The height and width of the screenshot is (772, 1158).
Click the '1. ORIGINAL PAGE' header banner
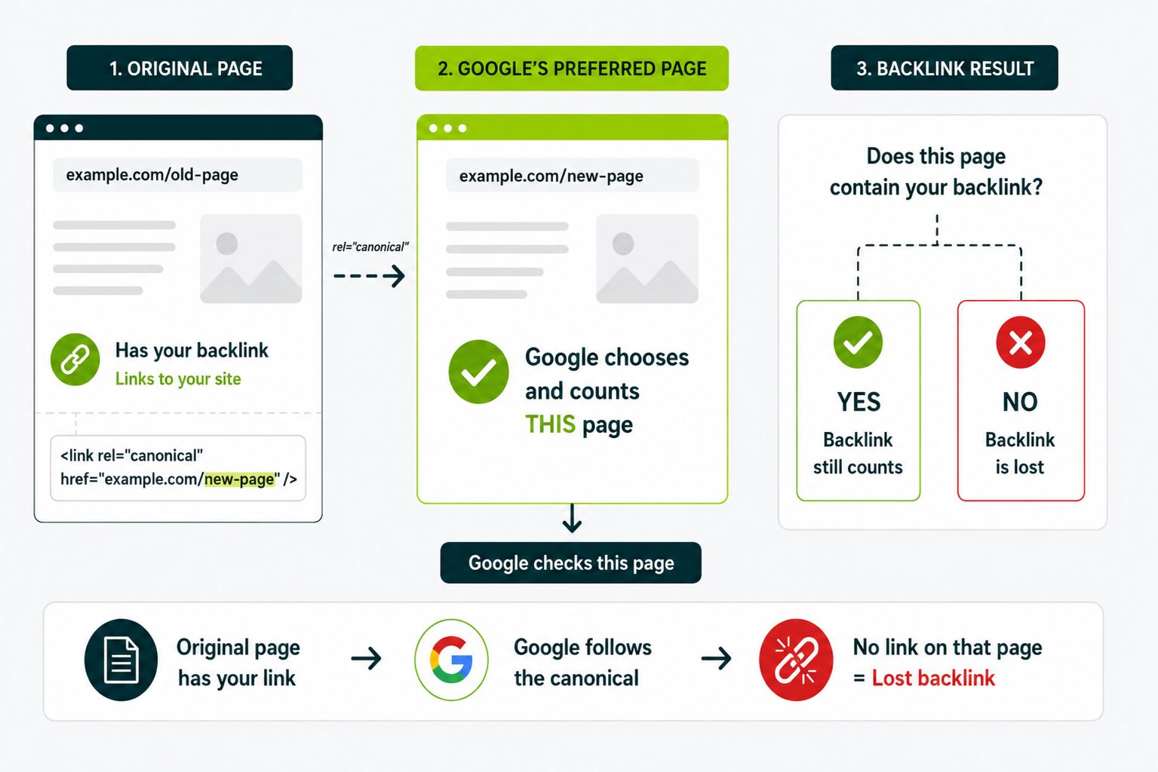pyautogui.click(x=180, y=68)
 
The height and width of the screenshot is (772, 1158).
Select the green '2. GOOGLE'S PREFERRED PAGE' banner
pyautogui.click(x=572, y=68)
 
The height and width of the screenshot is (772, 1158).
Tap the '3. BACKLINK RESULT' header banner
pyautogui.click(x=945, y=68)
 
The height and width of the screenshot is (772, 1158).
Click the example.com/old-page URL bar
pyautogui.click(x=177, y=175)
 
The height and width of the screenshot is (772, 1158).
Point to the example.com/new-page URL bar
pyautogui.click(x=573, y=176)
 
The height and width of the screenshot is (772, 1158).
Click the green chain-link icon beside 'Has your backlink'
pyautogui.click(x=75, y=360)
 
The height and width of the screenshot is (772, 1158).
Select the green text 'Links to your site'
pyautogui.click(x=178, y=378)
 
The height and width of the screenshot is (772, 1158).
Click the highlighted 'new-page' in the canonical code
pyautogui.click(x=239, y=479)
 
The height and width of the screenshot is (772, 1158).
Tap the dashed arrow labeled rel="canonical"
pyautogui.click(x=369, y=276)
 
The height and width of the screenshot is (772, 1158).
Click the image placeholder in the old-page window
pyautogui.click(x=251, y=259)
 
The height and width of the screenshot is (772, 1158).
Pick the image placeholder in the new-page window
pyautogui.click(x=647, y=259)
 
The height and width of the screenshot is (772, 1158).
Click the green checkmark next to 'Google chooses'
pyautogui.click(x=479, y=372)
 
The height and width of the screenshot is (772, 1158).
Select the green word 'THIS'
pyautogui.click(x=550, y=424)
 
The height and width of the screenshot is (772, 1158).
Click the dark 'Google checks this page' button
pyautogui.click(x=571, y=562)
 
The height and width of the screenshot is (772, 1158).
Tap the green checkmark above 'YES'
pyautogui.click(x=859, y=342)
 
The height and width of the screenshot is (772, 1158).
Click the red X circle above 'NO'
pyautogui.click(x=1021, y=342)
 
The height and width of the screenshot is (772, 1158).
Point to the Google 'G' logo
pyautogui.click(x=451, y=660)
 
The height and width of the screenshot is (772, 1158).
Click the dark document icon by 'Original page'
pyautogui.click(x=121, y=660)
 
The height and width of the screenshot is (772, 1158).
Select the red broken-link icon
pyautogui.click(x=796, y=660)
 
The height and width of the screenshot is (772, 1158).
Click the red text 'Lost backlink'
pyautogui.click(x=933, y=678)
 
